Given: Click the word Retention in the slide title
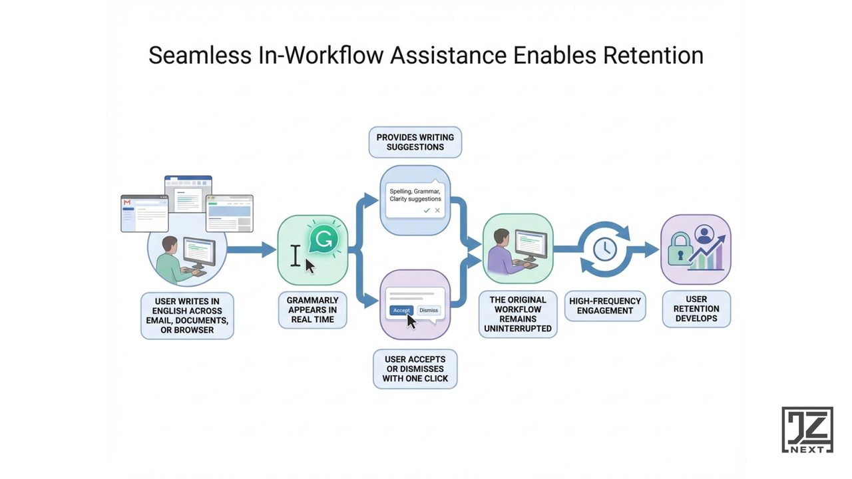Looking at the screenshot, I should point(653,55).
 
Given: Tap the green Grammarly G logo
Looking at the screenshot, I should point(324,238).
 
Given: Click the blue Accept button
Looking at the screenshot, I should point(401,310).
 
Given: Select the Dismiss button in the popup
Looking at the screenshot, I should point(429,310).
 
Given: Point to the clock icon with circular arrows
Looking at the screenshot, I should point(604,249).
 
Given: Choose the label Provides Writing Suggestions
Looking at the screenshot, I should point(415,142).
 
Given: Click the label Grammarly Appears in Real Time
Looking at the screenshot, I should point(313,310).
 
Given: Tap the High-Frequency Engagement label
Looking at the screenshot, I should point(605,305).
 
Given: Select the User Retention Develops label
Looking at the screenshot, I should point(696,309).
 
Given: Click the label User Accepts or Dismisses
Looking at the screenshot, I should point(415,369).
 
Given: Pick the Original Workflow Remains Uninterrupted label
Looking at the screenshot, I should point(518,314).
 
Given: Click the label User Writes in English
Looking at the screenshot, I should point(187,316).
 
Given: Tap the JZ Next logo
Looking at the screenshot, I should point(807,430).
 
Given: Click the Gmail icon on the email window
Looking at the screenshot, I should point(126,201).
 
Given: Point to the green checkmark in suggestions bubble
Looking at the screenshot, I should point(427,210).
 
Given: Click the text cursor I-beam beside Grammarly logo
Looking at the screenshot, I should point(296,255).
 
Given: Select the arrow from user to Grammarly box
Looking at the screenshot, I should point(251,249).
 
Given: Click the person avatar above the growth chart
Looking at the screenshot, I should point(704,234).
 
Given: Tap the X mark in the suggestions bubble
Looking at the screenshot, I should point(437,210).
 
